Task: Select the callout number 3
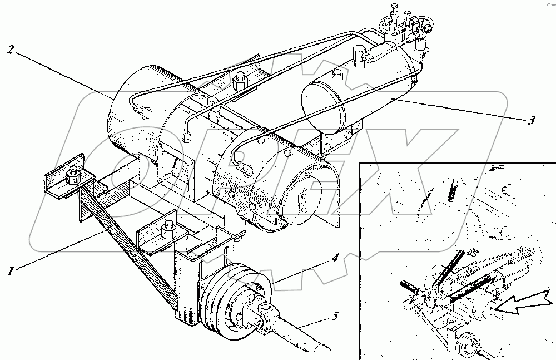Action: point(532,119)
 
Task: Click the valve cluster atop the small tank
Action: point(403,25)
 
